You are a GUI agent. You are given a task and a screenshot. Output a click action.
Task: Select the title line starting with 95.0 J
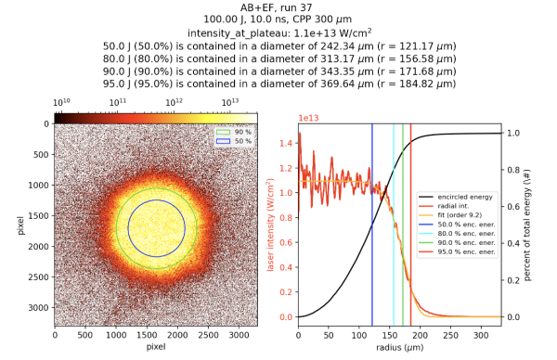coord(278,84)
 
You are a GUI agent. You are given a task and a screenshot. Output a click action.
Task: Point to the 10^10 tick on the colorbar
coord(63,101)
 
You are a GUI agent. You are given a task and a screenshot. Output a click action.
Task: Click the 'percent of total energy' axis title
coord(528,224)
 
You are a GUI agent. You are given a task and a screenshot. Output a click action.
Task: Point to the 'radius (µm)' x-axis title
coord(399,347)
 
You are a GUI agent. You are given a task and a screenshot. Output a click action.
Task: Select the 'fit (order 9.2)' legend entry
coord(464,218)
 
